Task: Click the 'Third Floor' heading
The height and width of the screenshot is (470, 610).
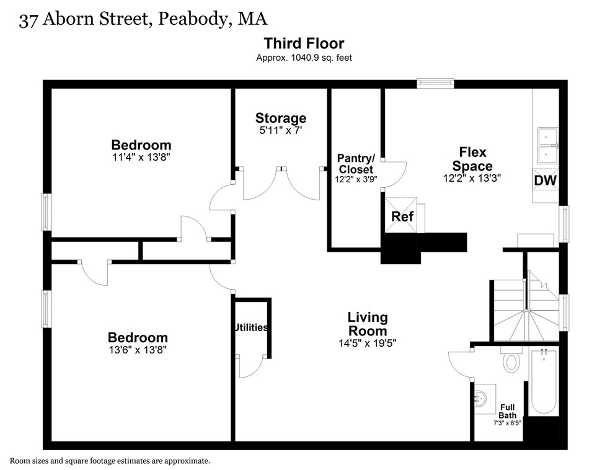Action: pos(304,43)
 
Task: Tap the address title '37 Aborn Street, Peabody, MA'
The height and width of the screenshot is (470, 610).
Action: pos(143,19)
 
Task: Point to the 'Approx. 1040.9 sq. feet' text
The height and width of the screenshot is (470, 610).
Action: pos(304,58)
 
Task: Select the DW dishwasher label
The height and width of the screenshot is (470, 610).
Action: pos(546,180)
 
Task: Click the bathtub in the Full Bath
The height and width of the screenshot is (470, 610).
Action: pos(544,381)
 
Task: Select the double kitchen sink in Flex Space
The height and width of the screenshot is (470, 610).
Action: pos(547,144)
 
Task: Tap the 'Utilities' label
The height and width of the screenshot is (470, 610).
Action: pos(251,327)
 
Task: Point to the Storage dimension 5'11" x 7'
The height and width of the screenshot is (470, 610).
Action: pos(281,131)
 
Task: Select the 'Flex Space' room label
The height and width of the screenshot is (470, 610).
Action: pos(472,159)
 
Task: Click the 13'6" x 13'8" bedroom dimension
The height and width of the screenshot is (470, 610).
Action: pos(138,350)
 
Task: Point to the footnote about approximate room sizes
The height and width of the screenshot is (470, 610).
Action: pos(110,461)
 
